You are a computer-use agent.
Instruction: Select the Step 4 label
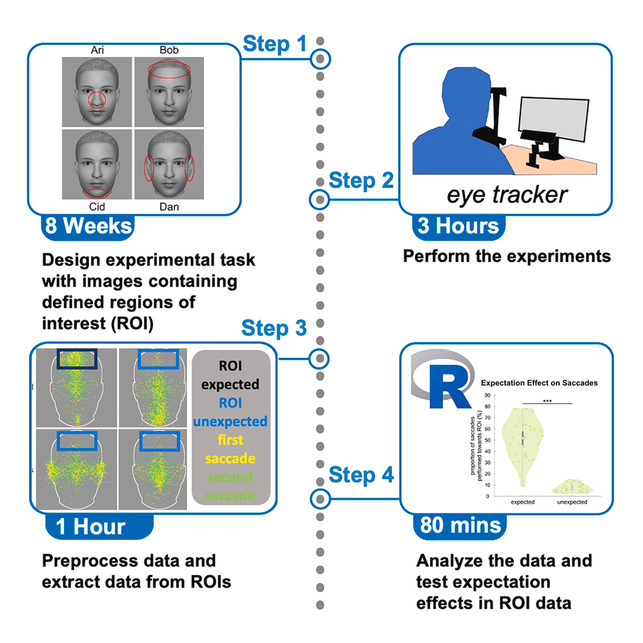361,476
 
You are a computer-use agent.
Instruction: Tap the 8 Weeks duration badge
88,227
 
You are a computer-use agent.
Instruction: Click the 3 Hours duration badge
458,227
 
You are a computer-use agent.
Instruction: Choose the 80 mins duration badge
460,525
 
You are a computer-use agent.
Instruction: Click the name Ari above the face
95,50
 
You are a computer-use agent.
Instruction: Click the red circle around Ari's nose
96,99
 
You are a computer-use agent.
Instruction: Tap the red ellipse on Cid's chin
97,192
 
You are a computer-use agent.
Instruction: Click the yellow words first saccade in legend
230,449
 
